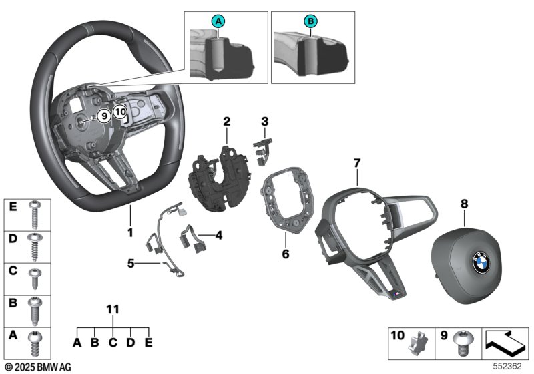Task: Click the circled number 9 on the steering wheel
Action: (103, 116)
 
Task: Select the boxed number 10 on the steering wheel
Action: (119, 112)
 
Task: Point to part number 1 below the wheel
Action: (131, 233)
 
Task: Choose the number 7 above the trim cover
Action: (356, 162)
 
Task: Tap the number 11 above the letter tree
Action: (113, 309)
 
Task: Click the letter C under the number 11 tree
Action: (113, 343)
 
